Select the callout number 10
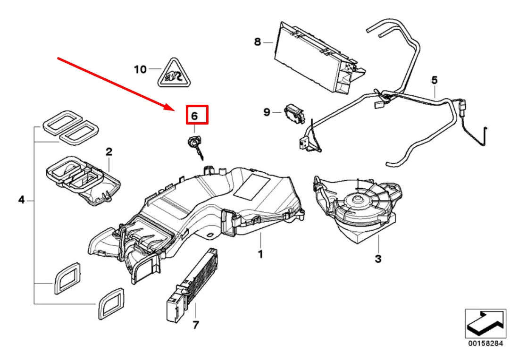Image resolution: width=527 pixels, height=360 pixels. point(140,69)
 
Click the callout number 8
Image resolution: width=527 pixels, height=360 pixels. point(257,42)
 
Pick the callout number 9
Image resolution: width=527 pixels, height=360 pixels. point(267,112)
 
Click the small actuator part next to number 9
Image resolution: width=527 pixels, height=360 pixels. point(294,114)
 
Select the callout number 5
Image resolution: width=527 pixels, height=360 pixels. point(434,81)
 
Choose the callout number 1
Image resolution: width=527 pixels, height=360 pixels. point(259,254)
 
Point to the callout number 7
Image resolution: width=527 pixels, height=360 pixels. point(195,325)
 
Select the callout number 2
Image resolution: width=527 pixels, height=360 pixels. point(109,151)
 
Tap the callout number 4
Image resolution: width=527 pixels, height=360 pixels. point(21,201)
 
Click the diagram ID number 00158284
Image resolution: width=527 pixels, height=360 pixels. point(485,344)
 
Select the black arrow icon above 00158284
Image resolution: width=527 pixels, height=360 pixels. point(485,323)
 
